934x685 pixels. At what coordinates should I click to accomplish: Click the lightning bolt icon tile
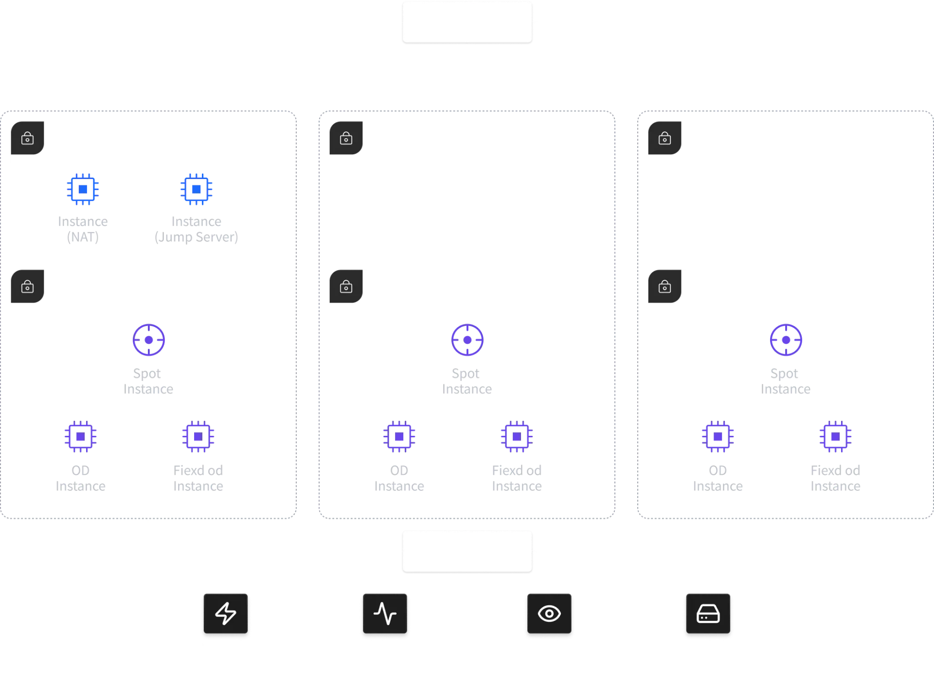click(x=226, y=614)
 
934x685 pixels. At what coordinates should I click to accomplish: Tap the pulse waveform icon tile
click(x=385, y=614)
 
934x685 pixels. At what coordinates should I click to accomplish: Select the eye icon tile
click(x=549, y=614)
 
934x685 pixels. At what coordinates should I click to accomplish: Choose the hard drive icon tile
click(x=708, y=614)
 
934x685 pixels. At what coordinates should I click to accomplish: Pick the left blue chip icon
click(x=83, y=188)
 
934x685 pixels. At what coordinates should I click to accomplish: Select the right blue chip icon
click(x=196, y=188)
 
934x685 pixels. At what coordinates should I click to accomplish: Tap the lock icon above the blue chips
click(x=28, y=139)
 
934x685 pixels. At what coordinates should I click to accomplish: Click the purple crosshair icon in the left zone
click(x=149, y=340)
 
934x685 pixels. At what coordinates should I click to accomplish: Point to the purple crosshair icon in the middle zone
click(x=467, y=340)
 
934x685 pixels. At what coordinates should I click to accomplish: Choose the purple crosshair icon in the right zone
click(x=786, y=340)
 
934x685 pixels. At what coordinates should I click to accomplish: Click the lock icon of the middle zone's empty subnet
click(x=346, y=139)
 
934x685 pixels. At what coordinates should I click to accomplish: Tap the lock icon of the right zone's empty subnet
click(x=665, y=139)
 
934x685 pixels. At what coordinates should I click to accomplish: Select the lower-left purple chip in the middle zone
click(x=399, y=437)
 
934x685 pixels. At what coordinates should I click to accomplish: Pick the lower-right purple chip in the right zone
click(x=835, y=437)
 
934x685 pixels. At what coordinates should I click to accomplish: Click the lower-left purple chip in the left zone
click(x=80, y=437)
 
